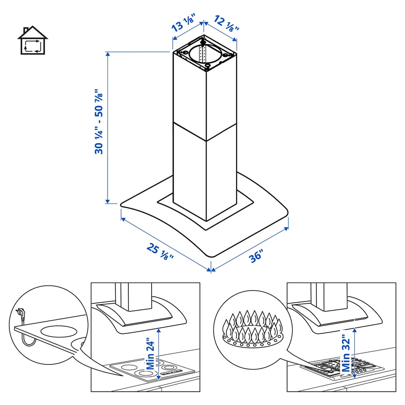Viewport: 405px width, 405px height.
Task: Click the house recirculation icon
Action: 32,41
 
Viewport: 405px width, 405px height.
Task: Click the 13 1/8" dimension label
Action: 184,21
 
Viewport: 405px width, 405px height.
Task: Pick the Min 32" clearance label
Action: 346,353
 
